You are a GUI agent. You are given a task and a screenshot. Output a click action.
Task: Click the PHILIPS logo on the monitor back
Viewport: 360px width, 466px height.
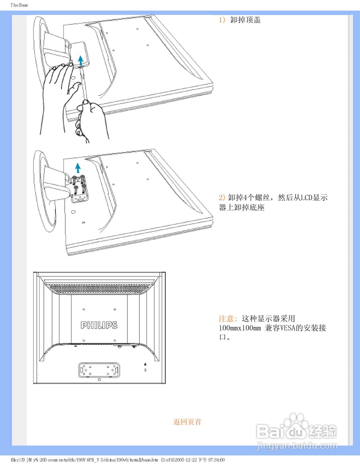point(99,325)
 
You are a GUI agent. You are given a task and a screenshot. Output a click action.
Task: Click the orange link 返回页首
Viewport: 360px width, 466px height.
point(187,422)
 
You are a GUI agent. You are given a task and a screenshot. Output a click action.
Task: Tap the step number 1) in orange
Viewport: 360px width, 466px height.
point(222,20)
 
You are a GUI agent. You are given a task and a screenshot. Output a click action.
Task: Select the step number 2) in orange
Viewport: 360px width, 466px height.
point(222,198)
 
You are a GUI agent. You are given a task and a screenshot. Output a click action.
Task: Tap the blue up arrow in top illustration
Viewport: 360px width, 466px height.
point(80,60)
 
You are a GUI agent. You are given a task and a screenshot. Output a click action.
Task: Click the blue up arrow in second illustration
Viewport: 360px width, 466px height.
point(78,168)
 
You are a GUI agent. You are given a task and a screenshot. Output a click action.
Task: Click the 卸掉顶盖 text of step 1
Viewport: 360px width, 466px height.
point(245,20)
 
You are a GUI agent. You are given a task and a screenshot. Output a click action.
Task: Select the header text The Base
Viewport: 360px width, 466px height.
point(19,5)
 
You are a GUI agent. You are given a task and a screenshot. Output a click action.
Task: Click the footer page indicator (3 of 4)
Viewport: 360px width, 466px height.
point(167,460)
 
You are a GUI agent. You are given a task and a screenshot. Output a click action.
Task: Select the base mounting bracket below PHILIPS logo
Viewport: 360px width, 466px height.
point(99,370)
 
